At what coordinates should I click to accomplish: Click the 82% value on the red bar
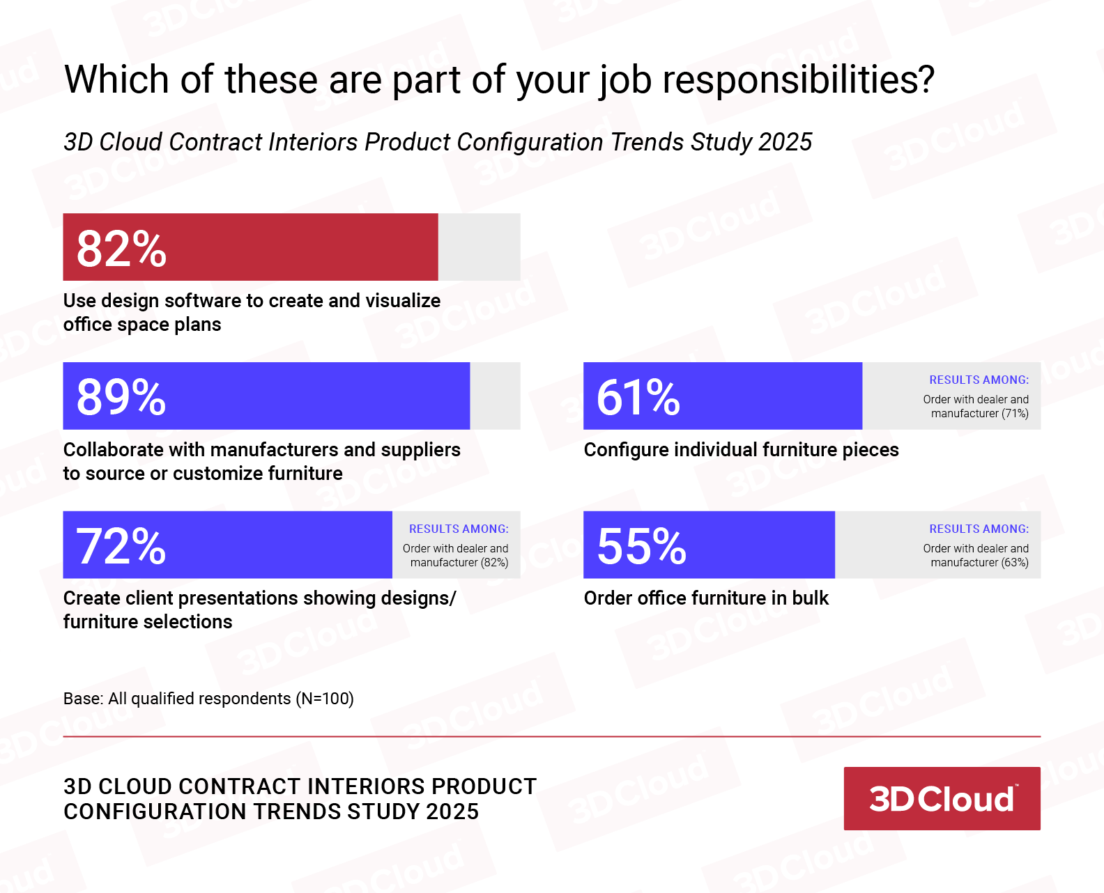pos(121,249)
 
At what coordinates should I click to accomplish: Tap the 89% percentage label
pos(121,397)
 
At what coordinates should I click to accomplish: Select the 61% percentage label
pos(638,397)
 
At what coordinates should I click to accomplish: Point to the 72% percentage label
pos(121,546)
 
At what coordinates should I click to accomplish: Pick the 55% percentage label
pos(641,546)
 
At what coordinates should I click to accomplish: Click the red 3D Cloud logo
pos(942,798)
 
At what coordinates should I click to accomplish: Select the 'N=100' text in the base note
pos(325,699)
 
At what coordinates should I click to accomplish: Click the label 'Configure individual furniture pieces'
pos(741,450)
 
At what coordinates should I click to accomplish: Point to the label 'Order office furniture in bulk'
pos(706,598)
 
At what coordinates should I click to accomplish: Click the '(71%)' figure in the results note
pos(1015,414)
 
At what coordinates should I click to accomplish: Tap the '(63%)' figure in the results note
pos(1015,563)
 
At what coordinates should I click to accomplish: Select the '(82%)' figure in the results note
pos(495,563)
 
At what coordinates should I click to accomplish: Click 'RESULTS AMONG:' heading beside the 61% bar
pos(979,380)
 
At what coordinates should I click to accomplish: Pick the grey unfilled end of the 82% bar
pos(479,247)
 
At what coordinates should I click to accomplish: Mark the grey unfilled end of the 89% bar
pos(495,396)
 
